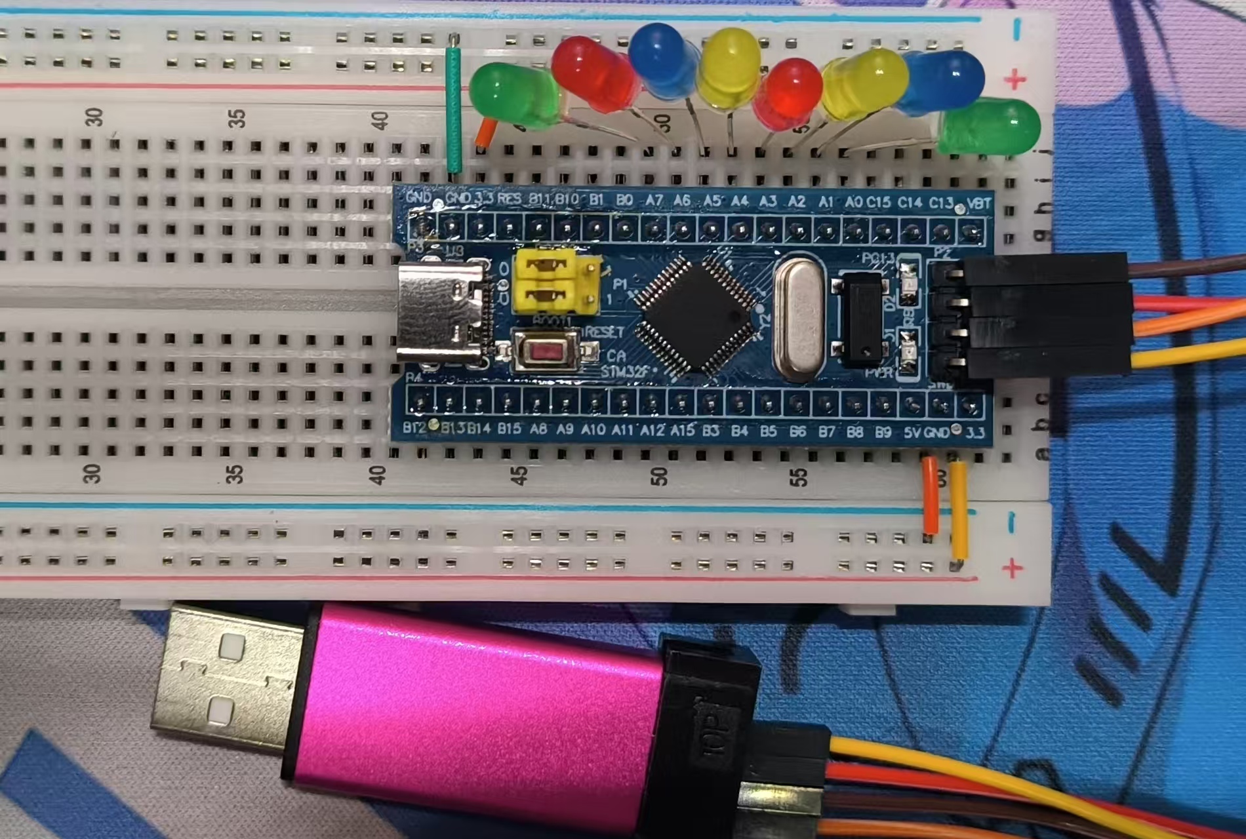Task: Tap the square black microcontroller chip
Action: click(696, 315)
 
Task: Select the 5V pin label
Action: click(912, 433)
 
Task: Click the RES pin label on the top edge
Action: click(509, 198)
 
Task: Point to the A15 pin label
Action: click(682, 431)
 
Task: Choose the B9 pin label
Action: click(883, 432)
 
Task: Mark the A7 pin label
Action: click(654, 199)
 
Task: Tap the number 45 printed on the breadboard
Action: click(518, 476)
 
